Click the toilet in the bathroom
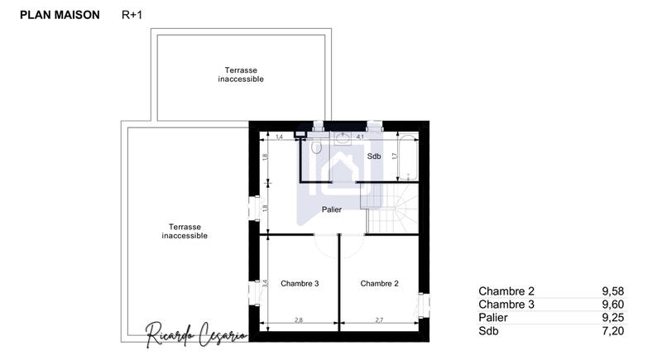coord(317,146)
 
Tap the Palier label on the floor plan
coord(332,209)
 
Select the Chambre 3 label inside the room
coord(300,283)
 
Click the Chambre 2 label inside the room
coord(380,283)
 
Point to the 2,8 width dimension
coord(300,319)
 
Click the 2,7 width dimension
coord(379,319)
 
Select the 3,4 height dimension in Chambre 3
coord(266,283)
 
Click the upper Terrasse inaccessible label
coord(241,74)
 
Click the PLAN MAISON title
coord(59,15)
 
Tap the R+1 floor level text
coord(132,15)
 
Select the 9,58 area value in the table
coord(612,290)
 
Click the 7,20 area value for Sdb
coord(612,331)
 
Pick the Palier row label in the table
coord(495,318)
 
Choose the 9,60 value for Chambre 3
coord(612,305)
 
